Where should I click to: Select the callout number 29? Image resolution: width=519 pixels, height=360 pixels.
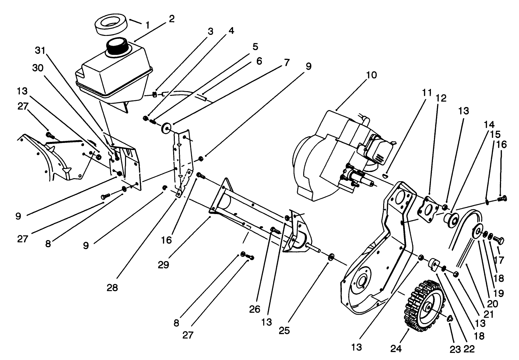(164, 264)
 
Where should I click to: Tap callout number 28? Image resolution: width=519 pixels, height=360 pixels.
(112, 288)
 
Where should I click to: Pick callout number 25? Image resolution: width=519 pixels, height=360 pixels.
(285, 330)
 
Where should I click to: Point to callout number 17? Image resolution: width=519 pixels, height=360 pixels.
(499, 260)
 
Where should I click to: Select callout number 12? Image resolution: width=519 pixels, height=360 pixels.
(441, 98)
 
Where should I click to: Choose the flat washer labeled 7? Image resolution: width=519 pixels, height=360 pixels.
(166, 128)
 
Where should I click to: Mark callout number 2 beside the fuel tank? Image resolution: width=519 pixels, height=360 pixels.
(171, 19)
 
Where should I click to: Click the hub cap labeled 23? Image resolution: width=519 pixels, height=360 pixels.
(450, 318)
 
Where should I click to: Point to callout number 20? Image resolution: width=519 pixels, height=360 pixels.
(493, 304)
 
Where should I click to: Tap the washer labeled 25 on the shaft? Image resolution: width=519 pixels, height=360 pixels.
(331, 255)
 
